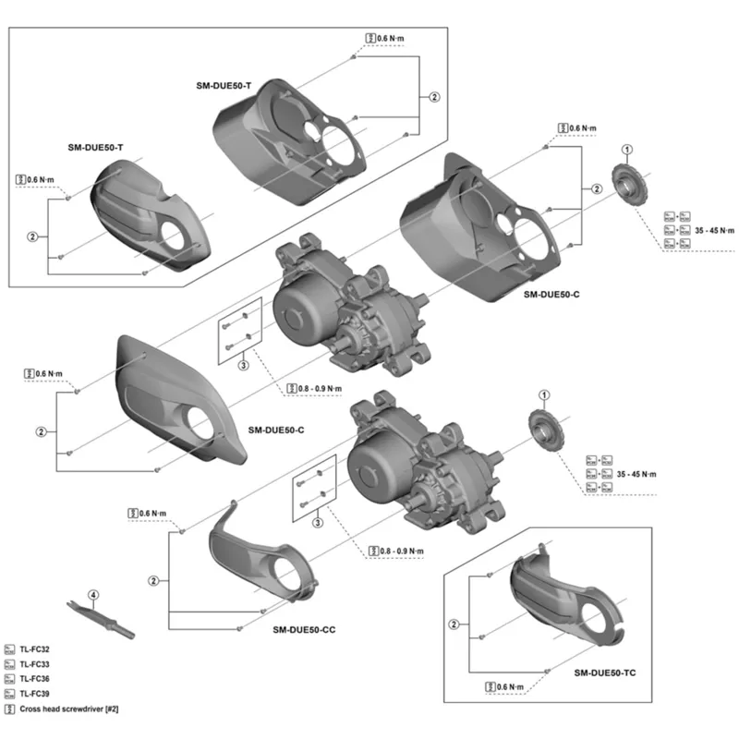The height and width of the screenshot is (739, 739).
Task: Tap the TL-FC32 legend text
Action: [x=36, y=649]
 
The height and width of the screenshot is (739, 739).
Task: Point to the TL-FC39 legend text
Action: [x=36, y=694]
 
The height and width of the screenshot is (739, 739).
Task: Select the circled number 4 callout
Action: [x=92, y=594]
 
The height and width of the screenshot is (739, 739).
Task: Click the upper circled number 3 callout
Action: [x=243, y=366]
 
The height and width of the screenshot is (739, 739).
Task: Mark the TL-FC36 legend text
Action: [x=36, y=679]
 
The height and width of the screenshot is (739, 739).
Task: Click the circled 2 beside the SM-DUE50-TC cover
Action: [x=454, y=624]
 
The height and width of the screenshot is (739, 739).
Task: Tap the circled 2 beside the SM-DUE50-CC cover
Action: [x=153, y=580]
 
